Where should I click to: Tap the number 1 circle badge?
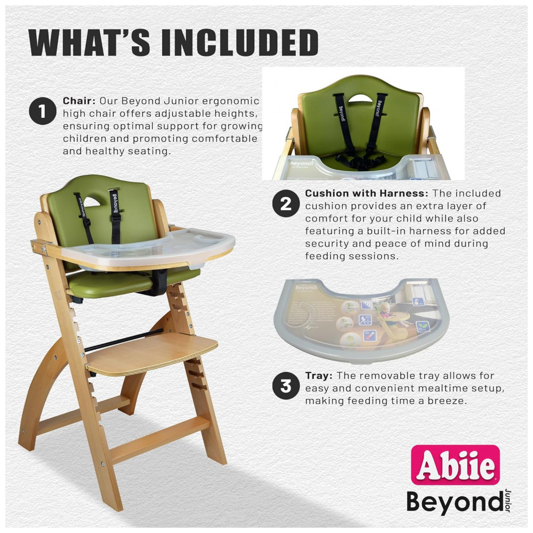[x=43, y=111]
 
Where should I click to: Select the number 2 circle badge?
[x=286, y=203]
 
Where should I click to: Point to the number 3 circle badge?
[x=286, y=386]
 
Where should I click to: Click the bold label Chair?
[x=79, y=101]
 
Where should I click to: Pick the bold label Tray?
[x=319, y=376]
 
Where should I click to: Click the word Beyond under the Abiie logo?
[x=455, y=502]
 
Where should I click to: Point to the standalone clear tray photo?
[x=361, y=319]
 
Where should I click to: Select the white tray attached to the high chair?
[x=153, y=248]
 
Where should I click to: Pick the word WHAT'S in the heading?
[x=89, y=42]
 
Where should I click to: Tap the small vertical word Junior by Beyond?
[x=508, y=500]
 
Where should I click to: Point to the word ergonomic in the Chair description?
[x=230, y=101]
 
